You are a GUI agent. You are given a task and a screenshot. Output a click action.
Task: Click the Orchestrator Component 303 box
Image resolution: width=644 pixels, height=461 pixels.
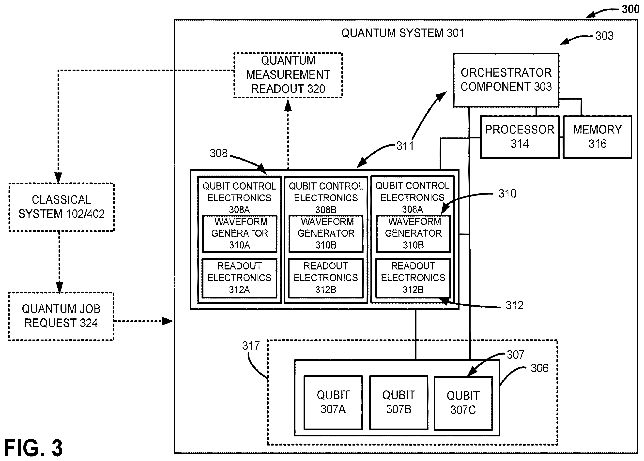click(x=506, y=80)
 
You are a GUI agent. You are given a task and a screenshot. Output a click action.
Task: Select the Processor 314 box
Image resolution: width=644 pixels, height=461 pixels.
click(x=520, y=137)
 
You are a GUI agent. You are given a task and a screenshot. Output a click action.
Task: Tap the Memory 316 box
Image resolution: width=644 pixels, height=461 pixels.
click(x=598, y=137)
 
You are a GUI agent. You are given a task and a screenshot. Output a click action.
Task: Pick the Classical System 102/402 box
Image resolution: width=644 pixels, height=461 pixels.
click(x=61, y=207)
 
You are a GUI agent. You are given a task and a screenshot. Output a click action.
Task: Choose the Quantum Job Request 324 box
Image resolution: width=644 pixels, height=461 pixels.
click(x=61, y=316)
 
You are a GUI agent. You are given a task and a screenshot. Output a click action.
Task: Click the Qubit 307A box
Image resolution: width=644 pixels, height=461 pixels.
click(x=333, y=402)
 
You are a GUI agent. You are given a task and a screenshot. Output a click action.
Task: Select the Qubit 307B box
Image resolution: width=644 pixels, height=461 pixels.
click(x=399, y=402)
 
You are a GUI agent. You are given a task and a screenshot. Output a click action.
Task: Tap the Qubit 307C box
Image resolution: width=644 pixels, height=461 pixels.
click(x=463, y=403)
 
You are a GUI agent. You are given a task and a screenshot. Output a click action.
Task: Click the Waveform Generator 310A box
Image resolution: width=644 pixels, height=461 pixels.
click(x=240, y=234)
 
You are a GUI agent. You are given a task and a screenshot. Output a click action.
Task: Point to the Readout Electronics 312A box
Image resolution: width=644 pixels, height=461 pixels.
click(x=239, y=278)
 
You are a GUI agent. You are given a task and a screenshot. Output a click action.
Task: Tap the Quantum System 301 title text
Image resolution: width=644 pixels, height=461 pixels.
click(x=402, y=33)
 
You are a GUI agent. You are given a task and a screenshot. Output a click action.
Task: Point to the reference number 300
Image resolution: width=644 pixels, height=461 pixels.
click(x=630, y=9)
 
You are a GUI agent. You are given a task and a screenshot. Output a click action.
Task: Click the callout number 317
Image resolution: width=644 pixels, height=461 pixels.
click(x=251, y=346)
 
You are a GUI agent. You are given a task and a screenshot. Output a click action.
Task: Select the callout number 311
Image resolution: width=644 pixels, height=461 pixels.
click(x=405, y=146)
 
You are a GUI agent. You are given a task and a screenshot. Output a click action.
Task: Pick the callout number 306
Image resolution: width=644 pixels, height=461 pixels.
click(x=539, y=368)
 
